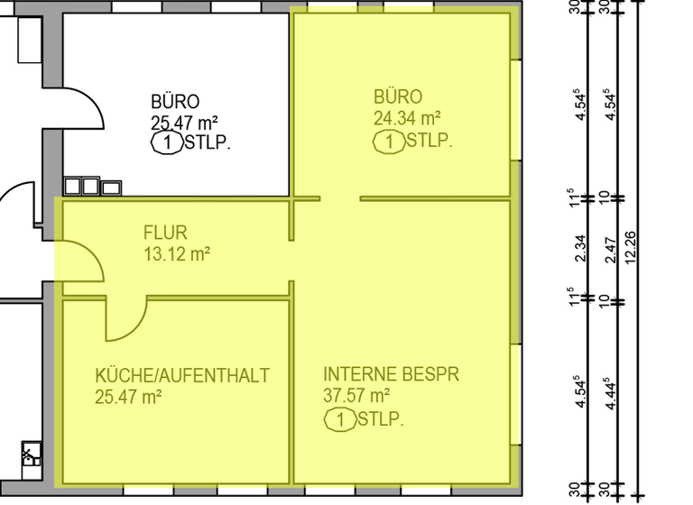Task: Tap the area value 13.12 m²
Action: click(x=177, y=254)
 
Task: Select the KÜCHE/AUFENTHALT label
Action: click(x=182, y=375)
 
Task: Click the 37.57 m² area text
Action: click(x=356, y=395)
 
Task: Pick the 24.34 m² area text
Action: click(x=406, y=117)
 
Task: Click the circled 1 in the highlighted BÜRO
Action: click(x=389, y=142)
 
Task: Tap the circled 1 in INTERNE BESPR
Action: click(x=340, y=419)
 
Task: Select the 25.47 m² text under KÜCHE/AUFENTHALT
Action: click(x=128, y=396)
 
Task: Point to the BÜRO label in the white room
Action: click(x=175, y=102)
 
